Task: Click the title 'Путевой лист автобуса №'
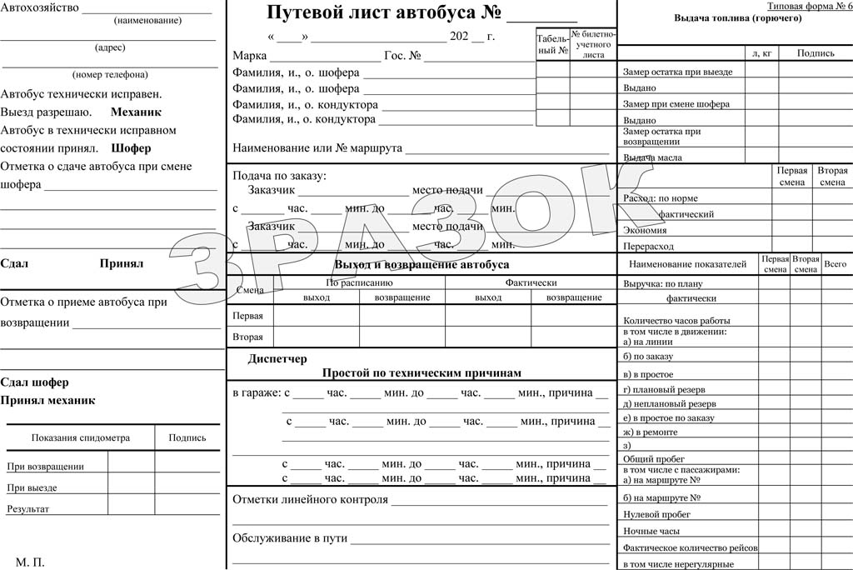tap(384, 13)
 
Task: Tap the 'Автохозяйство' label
tap(40, 7)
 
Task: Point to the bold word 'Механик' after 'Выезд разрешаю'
tap(136, 112)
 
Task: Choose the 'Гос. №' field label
tap(402, 56)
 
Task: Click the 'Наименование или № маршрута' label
tap(317, 148)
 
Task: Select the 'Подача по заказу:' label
tap(280, 175)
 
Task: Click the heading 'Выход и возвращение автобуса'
tap(422, 264)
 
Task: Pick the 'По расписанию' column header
tap(359, 283)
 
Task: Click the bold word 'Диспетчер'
tap(277, 358)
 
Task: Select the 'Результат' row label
tap(27, 508)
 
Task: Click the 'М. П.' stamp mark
tap(30, 562)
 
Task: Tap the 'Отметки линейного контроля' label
tap(310, 500)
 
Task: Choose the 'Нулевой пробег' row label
tap(658, 514)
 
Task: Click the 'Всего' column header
tap(835, 264)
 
